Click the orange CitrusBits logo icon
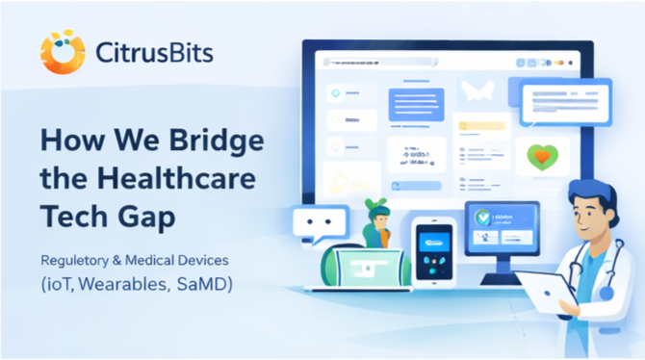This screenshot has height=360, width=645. click(x=63, y=52)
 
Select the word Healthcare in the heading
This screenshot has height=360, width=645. click(x=175, y=179)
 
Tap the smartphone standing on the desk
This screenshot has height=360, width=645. click(x=432, y=252)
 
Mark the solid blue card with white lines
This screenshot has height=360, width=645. click(x=416, y=105)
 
